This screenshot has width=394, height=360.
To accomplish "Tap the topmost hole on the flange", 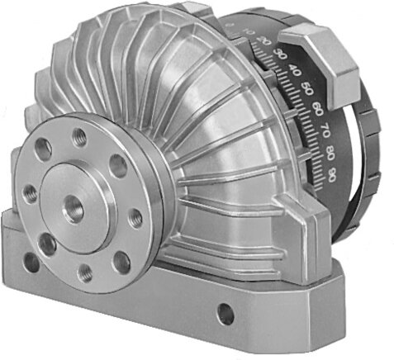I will [79, 135].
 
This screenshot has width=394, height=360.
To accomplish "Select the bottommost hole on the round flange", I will [85, 271].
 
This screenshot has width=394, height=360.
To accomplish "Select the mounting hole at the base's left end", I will [31, 262].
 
